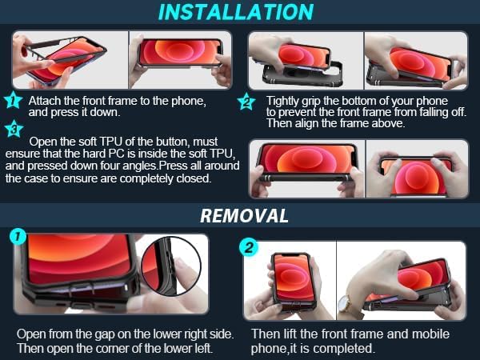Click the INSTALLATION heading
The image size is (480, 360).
[236, 12]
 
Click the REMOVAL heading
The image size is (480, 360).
[244, 215]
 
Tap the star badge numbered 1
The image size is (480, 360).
[13, 100]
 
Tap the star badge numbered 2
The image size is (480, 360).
[246, 102]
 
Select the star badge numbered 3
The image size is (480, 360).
[14, 129]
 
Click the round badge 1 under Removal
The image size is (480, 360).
[18, 236]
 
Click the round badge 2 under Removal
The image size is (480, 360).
[248, 246]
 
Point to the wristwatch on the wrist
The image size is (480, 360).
[346, 303]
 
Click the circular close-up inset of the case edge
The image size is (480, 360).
[171, 266]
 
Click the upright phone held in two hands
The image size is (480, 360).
[290, 281]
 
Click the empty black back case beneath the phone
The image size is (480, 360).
[303, 76]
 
